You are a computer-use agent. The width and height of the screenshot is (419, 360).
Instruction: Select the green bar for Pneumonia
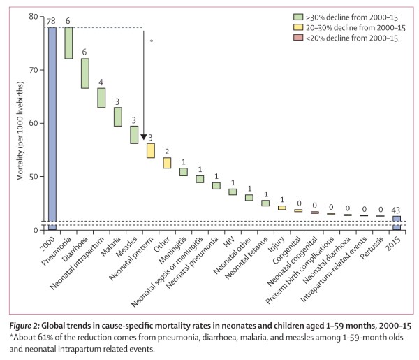[x=68, y=43]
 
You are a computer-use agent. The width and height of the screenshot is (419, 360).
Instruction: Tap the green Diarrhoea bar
[x=84, y=73]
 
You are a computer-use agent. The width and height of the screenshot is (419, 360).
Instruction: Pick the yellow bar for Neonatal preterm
[x=150, y=150]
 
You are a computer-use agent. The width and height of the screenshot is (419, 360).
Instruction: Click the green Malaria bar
[x=117, y=116]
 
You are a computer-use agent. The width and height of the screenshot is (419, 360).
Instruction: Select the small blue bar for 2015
[x=396, y=222]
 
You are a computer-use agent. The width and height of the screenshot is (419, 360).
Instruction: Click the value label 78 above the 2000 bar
[x=51, y=22]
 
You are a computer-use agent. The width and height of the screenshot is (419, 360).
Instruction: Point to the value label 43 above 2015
[x=396, y=210]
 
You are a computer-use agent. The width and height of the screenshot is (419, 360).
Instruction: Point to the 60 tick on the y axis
[x=34, y=123]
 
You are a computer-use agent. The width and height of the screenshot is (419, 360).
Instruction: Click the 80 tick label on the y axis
[x=34, y=17]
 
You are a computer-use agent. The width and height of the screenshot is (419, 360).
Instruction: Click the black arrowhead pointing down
[x=143, y=137]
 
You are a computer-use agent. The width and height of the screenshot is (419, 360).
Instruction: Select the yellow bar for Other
[x=167, y=163]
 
